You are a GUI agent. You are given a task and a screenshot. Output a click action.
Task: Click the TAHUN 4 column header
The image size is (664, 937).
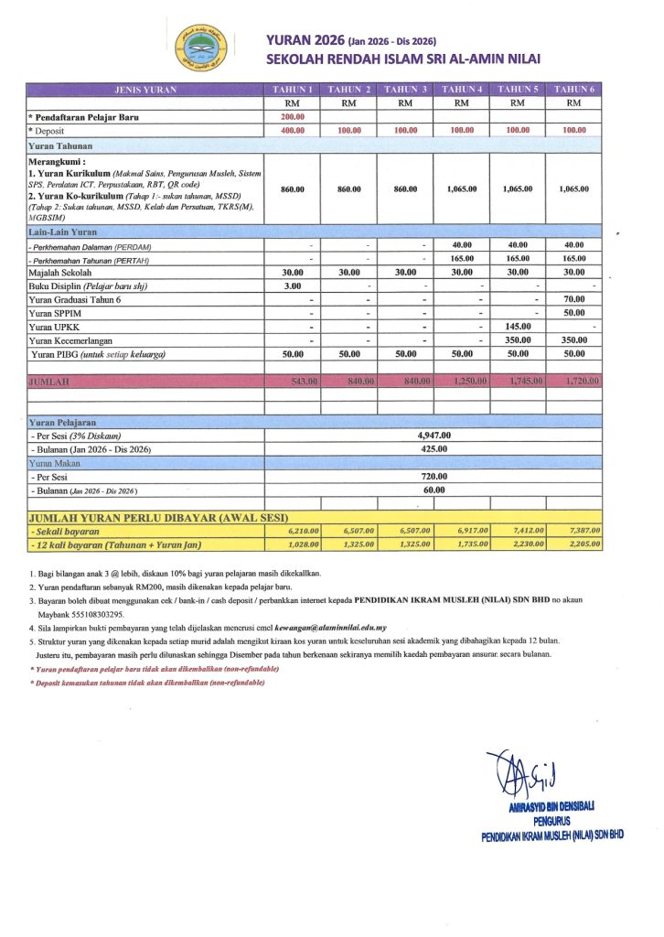[462, 90]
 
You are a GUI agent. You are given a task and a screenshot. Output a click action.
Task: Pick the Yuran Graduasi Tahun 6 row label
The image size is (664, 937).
[75, 299]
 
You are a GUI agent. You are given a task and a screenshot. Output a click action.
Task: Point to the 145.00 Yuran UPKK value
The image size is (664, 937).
[519, 326]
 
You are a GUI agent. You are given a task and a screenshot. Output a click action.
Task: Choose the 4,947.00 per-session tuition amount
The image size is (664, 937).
[434, 436]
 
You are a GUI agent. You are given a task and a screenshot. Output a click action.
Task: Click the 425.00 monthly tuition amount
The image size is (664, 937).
[434, 449]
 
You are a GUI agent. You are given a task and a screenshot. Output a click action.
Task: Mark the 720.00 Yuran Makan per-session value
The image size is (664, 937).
[434, 477]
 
